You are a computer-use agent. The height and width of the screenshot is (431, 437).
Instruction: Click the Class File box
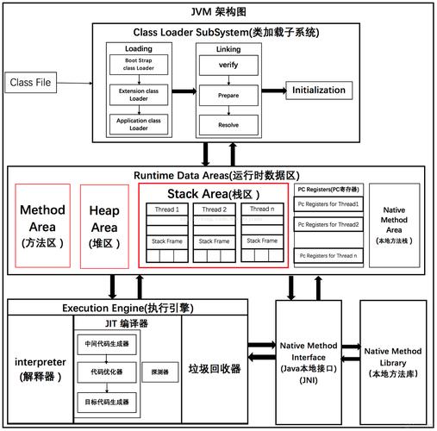(33, 83)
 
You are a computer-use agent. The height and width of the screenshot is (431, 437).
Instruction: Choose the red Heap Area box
(105, 225)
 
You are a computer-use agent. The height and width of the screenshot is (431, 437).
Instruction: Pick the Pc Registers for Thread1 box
(328, 204)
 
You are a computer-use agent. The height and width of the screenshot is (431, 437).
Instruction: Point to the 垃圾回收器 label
(214, 368)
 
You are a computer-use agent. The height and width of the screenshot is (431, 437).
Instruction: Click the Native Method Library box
(393, 362)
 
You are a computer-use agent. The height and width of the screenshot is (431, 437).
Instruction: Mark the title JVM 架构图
(218, 11)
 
